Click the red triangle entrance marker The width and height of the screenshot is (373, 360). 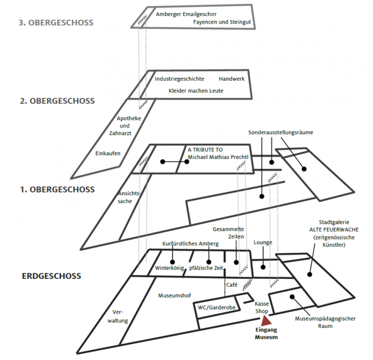[267, 320]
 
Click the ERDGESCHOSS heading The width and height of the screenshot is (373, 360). [51, 276]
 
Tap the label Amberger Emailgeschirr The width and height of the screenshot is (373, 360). [186, 14]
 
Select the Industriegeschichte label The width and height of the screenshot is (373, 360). [180, 79]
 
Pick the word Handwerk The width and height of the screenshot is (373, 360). [232, 79]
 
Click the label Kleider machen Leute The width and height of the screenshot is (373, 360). [196, 90]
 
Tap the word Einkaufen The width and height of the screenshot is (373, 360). [108, 153]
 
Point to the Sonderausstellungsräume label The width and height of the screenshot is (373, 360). [280, 132]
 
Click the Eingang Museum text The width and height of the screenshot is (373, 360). [266, 334]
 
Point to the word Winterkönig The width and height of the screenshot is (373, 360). [168, 268]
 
